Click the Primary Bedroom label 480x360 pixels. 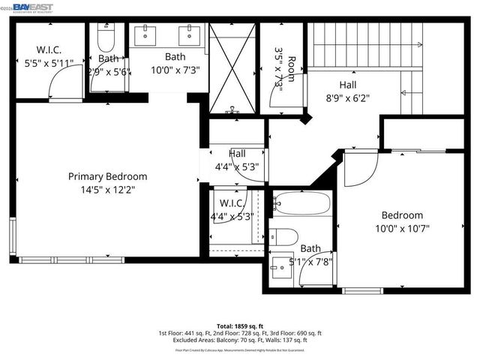(107, 176)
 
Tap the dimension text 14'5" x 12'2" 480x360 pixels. (107, 190)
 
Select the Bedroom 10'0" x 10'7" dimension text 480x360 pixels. (401, 228)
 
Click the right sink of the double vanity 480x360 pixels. (188, 34)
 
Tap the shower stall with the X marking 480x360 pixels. (232, 67)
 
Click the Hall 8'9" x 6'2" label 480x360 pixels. (347, 91)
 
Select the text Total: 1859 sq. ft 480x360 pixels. (240, 325)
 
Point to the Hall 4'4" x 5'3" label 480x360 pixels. (236, 160)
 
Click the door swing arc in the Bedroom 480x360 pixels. (358, 169)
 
